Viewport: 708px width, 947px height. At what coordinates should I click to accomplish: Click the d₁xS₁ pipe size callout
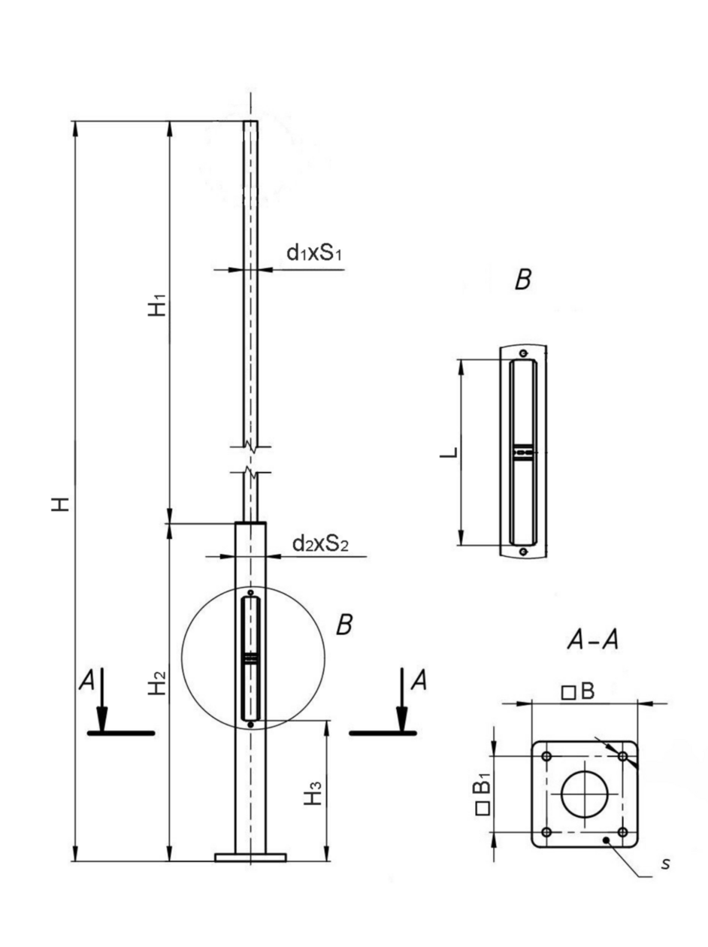tap(314, 254)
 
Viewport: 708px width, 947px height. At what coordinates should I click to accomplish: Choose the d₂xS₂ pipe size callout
tap(321, 545)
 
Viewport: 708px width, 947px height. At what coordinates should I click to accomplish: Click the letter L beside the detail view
tap(449, 451)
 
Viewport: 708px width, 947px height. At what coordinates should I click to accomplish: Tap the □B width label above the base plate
tap(578, 691)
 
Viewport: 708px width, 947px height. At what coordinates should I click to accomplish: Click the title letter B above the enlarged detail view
tap(523, 280)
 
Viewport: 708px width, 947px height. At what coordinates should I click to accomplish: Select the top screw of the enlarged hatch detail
tap(524, 354)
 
